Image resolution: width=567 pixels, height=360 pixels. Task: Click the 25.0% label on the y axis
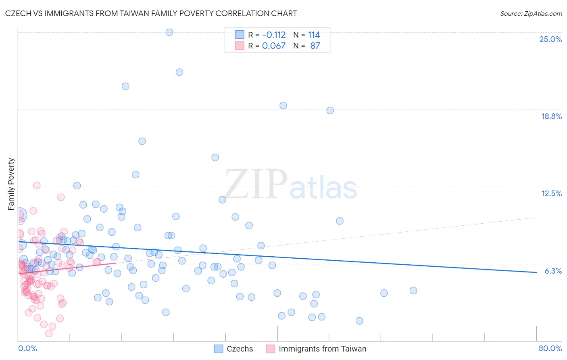point(550,39)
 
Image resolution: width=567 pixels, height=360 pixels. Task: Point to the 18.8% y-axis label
point(551,116)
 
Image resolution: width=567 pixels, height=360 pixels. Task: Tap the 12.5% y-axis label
point(551,193)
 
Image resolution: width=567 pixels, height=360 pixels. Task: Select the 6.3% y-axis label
point(553,271)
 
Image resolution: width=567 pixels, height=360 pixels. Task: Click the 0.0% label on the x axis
point(27,348)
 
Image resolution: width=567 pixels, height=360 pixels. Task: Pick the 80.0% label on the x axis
point(550,348)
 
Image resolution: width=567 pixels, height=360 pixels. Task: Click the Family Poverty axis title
point(11,184)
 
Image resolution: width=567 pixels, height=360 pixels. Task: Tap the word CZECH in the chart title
point(20,13)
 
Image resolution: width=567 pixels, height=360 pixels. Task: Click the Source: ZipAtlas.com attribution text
point(531,13)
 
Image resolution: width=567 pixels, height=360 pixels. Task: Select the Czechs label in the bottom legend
point(240,349)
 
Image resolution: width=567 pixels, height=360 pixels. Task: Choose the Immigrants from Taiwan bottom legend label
point(322,349)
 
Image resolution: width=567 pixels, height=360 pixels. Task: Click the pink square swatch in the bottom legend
point(270,349)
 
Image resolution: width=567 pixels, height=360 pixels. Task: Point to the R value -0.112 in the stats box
point(274,35)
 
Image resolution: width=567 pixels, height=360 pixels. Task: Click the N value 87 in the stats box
point(315,46)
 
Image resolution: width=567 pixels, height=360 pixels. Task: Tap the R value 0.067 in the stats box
point(274,46)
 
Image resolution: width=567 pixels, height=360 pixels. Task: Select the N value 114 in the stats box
point(314,35)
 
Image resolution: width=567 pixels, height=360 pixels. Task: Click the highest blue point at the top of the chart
point(169,32)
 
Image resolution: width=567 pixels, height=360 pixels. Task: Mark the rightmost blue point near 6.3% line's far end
point(413,291)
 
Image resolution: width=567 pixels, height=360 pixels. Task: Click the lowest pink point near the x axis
point(49,333)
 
